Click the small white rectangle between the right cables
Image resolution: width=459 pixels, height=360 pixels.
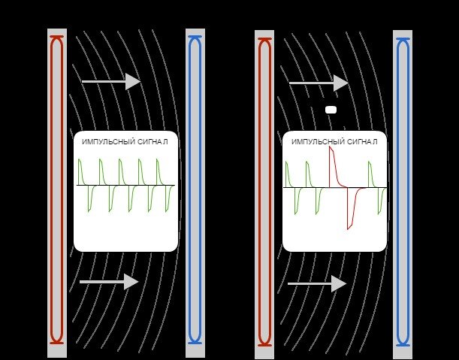pyautogui.click(x=331, y=110)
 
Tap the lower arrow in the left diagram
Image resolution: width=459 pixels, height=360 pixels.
pyautogui.click(x=109, y=282)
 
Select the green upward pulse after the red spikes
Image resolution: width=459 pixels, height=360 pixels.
pyautogui.click(x=370, y=174)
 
